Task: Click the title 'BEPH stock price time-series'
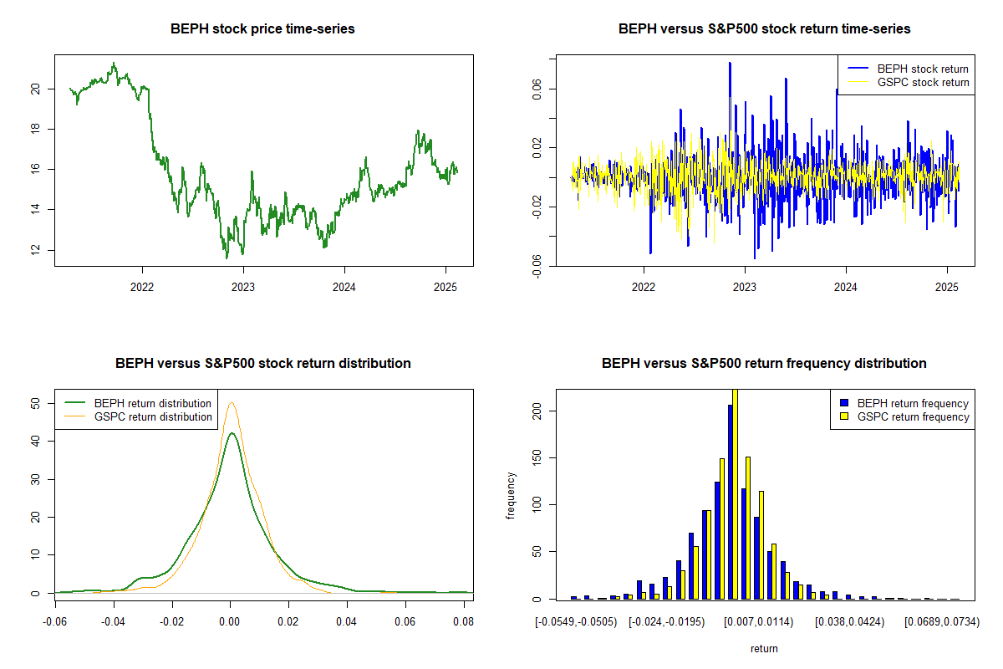[x=262, y=29]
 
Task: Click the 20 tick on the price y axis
[x=35, y=89]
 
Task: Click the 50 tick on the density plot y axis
[x=35, y=403]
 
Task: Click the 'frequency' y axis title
[x=511, y=497]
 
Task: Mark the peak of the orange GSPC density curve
[x=232, y=403]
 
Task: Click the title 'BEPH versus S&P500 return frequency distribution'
[x=764, y=364]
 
